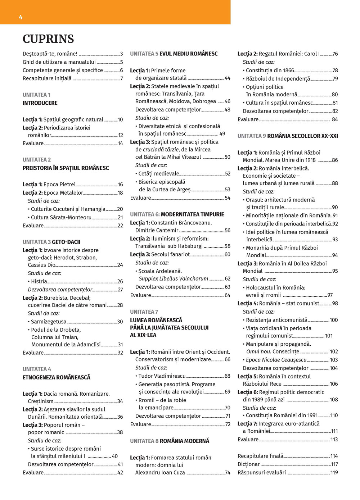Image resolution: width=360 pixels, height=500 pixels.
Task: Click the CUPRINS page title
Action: [48, 39]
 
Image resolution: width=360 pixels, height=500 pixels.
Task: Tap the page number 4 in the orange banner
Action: [21, 17]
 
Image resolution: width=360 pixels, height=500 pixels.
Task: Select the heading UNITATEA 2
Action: [37, 160]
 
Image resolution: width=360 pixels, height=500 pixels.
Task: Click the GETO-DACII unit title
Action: [66, 242]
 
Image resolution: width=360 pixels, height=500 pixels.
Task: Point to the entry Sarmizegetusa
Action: [49, 322]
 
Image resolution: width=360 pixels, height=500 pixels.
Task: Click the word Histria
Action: [39, 281]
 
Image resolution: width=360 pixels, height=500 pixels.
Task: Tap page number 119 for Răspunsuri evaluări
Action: [334, 472]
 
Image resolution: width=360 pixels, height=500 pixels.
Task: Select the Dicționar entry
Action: [248, 464]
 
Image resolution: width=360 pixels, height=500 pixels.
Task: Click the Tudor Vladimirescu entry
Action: [162, 376]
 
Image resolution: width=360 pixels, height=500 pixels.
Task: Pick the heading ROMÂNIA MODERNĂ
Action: [184, 441]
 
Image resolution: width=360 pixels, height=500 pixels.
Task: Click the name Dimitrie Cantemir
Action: [157, 230]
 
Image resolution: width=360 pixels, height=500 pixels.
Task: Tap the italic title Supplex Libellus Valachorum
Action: [174, 278]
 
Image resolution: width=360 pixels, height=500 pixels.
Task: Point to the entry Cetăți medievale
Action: [159, 173]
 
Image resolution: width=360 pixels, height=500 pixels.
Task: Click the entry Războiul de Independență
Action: [278, 78]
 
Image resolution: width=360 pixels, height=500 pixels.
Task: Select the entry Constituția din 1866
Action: [270, 70]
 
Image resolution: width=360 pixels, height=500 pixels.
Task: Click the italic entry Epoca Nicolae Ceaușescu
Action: [276, 360]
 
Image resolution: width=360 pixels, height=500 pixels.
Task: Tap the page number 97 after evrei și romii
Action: [330, 295]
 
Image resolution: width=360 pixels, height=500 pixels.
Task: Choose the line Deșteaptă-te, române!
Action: [50, 54]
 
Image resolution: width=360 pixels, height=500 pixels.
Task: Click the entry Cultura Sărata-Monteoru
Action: [61, 217]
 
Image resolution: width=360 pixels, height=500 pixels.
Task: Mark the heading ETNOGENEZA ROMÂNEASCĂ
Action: [57, 377]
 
